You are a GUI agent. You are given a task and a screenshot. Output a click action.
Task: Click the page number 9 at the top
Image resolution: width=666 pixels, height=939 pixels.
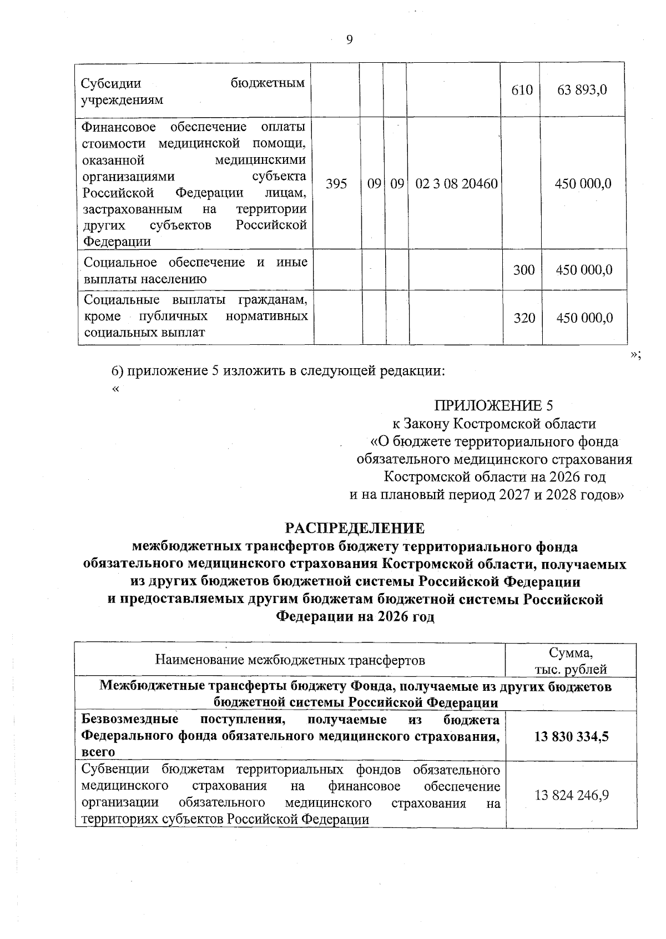349,39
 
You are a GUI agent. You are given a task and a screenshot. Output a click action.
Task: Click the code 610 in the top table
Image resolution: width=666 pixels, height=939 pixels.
522,90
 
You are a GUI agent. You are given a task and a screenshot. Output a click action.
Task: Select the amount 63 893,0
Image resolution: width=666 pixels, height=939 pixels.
582,90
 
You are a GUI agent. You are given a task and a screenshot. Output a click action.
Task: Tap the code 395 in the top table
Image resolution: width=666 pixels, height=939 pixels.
336,184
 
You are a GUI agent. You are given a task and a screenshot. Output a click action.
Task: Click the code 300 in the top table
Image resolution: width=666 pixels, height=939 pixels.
524,270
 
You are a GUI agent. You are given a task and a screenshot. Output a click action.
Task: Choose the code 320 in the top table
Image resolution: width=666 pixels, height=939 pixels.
524,318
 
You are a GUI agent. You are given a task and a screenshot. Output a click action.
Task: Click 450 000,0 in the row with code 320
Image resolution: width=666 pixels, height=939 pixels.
584,318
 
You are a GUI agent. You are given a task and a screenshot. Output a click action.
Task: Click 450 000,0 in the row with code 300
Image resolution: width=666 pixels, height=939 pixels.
584,270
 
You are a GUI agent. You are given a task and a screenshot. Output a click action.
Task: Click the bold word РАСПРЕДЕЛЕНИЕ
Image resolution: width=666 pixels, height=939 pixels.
355,528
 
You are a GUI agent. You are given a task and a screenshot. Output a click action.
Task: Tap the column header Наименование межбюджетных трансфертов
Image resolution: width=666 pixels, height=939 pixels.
290,660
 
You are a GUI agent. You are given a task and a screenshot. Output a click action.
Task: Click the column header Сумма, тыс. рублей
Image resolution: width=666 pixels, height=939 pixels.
571,661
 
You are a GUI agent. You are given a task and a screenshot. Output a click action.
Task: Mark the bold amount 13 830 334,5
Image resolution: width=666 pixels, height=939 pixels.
571,736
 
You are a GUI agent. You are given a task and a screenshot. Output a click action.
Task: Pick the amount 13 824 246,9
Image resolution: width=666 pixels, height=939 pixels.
571,795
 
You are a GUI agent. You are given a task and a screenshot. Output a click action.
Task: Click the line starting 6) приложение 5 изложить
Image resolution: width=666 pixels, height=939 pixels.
278,370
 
